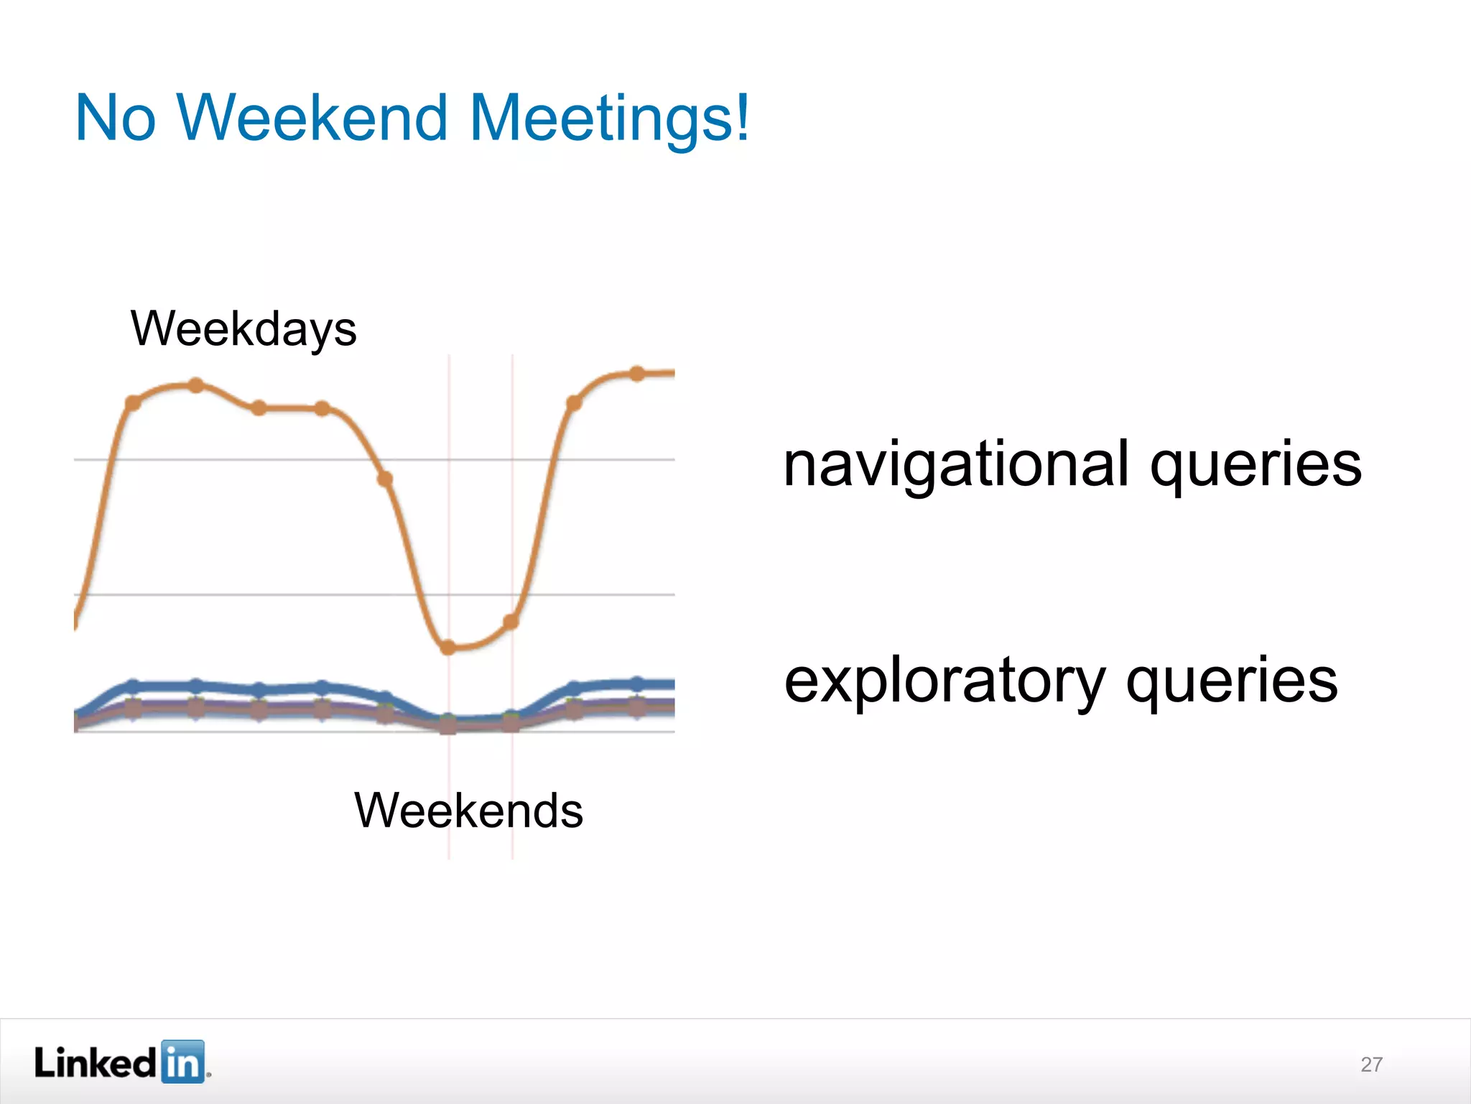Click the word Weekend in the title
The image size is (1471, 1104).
pos(312,118)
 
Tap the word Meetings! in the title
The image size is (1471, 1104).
pos(609,118)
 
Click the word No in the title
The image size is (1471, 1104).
pos(115,118)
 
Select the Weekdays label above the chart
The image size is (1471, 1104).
pos(243,329)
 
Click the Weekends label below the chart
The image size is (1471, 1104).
pos(468,811)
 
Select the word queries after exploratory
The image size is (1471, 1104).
pos(1231,681)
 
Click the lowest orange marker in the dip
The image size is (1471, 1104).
pos(448,648)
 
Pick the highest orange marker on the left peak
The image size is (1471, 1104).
pos(196,385)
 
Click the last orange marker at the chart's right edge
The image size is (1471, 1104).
pos(637,373)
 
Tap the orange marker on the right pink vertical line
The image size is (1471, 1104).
pos(511,622)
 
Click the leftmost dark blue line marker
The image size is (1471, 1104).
pos(133,685)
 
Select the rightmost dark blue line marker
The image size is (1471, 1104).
pos(637,683)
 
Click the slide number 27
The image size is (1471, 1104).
pos(1371,1064)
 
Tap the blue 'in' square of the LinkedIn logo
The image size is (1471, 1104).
pos(182,1061)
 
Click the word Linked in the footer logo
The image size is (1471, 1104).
pos(95,1062)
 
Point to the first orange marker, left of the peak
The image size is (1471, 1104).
pos(133,402)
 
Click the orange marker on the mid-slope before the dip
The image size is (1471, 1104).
pos(385,479)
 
